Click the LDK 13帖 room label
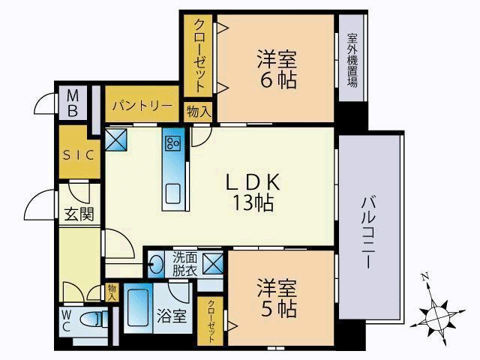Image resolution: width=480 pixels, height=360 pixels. [x=253, y=192]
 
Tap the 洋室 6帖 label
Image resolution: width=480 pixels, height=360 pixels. [x=277, y=70]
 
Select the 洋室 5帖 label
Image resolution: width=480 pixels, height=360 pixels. [x=277, y=298]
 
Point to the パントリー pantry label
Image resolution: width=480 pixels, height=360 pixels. [x=142, y=106]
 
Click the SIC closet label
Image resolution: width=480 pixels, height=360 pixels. [x=79, y=155]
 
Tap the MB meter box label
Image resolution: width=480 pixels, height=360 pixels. [x=73, y=104]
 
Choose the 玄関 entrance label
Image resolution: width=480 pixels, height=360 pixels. [x=79, y=214]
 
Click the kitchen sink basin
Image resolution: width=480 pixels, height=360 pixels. [x=173, y=194]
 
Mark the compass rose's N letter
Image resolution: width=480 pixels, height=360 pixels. [x=424, y=277]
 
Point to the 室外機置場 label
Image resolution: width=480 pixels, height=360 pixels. [x=352, y=60]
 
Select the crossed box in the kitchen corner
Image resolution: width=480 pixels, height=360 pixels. [x=116, y=139]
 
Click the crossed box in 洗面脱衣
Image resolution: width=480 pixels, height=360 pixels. [x=213, y=263]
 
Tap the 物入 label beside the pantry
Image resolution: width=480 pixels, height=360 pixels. [x=199, y=112]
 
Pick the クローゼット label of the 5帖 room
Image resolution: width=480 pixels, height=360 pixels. [x=211, y=321]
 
